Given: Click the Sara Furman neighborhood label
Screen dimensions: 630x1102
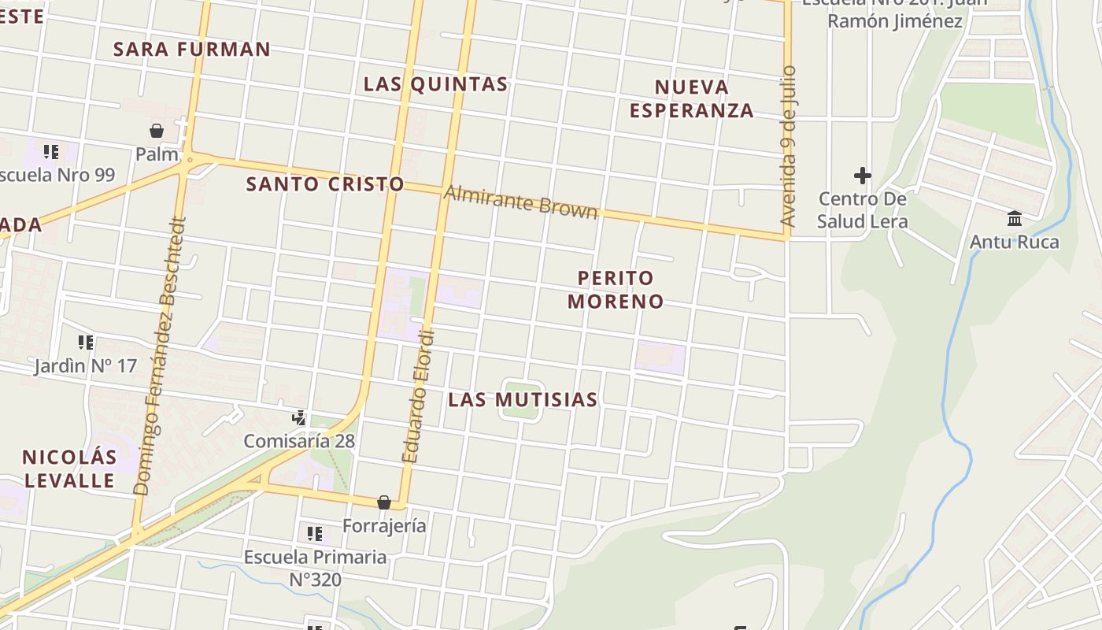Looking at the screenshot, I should [x=192, y=49].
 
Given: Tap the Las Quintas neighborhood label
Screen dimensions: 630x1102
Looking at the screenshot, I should [x=435, y=84].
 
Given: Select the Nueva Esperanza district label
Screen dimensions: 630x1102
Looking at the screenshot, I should [x=692, y=98].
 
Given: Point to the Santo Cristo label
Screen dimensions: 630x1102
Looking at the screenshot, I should [x=325, y=184].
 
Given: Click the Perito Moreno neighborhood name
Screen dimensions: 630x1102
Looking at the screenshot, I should [x=616, y=289].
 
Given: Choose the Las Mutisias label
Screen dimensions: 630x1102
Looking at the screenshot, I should [x=523, y=400].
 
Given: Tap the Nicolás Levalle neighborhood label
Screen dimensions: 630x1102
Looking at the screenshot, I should [x=69, y=469].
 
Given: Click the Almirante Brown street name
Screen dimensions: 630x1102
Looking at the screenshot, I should [x=521, y=201].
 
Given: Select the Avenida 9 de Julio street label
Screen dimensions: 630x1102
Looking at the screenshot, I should [x=789, y=146].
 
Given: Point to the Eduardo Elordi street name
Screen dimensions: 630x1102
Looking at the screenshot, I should [x=418, y=395].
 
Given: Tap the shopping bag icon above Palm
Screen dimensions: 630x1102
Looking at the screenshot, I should [x=157, y=131].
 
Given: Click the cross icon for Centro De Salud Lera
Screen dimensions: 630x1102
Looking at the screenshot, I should [x=862, y=176].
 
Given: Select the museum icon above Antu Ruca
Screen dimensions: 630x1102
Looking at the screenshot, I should [x=1014, y=218].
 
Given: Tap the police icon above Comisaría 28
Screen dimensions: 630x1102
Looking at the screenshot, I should [x=299, y=418].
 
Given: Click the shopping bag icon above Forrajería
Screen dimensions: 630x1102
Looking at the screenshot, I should [x=384, y=502].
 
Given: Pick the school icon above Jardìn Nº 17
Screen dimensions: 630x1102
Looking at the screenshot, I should [x=85, y=343].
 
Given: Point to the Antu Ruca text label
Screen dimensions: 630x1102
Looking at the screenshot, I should [x=1014, y=242].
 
